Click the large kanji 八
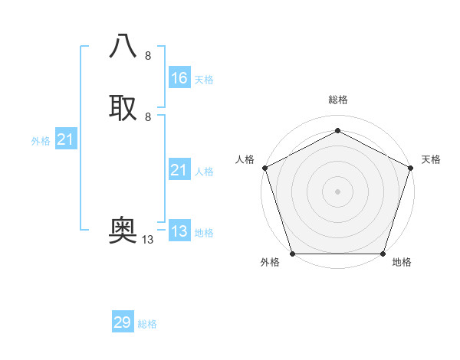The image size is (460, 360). point(123,47)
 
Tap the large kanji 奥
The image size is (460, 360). point(123,231)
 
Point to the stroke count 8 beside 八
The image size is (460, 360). point(148,56)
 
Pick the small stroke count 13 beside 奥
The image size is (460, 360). point(147,240)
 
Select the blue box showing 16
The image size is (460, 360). point(179,78)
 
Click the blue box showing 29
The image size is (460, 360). point(123,322)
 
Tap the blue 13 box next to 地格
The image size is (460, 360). point(179,231)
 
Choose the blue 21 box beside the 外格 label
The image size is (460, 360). point(66,139)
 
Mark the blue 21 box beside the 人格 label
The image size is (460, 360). point(179,170)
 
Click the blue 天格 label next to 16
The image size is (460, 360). point(204,80)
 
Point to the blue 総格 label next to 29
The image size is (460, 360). point(147,324)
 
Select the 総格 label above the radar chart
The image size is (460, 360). point(337,100)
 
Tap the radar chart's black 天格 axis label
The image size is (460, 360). point(431,159)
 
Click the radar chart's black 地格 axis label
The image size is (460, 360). point(402,262)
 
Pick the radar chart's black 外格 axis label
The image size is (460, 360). point(270,262)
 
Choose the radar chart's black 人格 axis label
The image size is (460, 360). point(245,159)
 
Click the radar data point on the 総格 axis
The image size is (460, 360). point(337,131)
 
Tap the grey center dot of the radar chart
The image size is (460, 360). point(337,191)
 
